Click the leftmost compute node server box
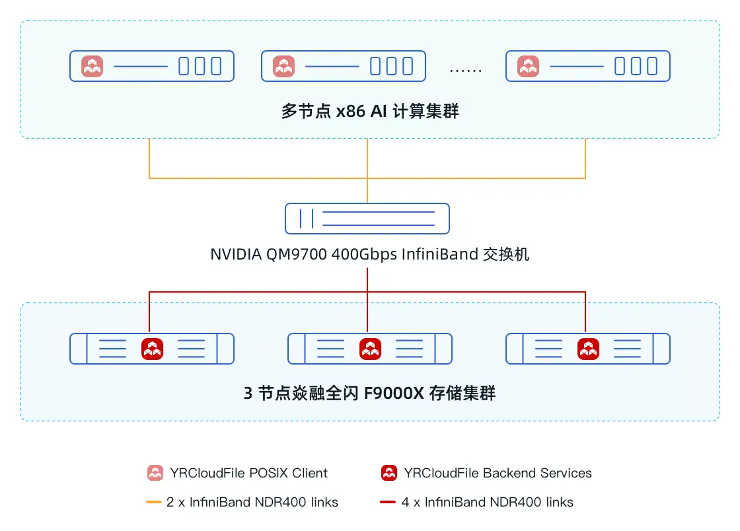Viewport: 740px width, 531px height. point(152,66)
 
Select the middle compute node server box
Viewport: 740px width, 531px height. point(344,66)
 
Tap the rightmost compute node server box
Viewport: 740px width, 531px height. point(588,66)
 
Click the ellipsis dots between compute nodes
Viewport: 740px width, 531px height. point(466,69)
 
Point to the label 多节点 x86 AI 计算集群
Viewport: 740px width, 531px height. point(370,112)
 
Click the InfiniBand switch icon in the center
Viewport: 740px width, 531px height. point(367,219)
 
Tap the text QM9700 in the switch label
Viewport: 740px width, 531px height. point(297,254)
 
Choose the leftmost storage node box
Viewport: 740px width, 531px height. point(152,349)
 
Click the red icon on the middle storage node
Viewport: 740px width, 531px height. point(370,349)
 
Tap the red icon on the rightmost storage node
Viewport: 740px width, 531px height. point(588,349)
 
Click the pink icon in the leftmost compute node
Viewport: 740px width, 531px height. point(92,66)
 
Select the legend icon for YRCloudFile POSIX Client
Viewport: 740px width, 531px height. point(155,473)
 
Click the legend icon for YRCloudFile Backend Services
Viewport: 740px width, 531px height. point(389,473)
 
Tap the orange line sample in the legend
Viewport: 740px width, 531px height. point(154,502)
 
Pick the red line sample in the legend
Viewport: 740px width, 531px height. point(388,502)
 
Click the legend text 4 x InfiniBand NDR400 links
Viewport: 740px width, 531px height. point(487,502)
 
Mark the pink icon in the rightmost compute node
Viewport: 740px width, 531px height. point(528,66)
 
